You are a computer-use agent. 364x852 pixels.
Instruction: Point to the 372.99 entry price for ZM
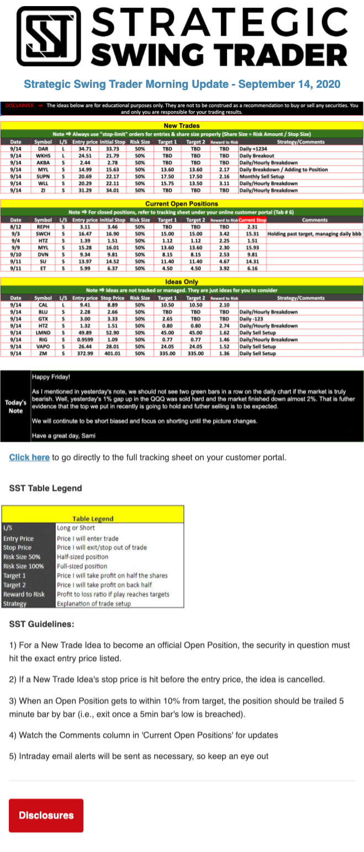(x=85, y=353)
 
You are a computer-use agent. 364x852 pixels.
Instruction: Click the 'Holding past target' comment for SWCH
(x=314, y=234)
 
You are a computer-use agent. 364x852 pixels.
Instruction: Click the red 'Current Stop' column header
(x=252, y=220)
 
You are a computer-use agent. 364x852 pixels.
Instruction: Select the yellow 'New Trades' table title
(x=182, y=126)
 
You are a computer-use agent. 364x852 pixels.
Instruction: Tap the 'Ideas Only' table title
(x=182, y=282)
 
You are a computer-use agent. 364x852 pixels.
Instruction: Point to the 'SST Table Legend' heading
(x=45, y=488)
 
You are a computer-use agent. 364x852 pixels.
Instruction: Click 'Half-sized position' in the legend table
(x=82, y=557)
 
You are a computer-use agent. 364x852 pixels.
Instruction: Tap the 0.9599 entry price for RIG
(x=85, y=340)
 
